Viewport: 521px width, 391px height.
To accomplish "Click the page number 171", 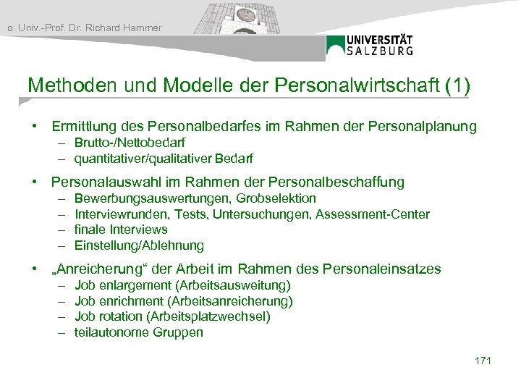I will click(483, 360).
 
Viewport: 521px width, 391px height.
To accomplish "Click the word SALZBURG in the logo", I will click(380, 51).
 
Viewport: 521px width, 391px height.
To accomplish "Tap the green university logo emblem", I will click(336, 46).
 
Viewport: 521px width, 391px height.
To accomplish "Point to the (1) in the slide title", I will click(457, 86).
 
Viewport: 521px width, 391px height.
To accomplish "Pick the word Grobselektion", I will click(279, 198).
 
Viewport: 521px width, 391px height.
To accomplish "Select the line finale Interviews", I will click(121, 230).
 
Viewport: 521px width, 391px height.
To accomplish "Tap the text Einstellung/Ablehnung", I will click(139, 245).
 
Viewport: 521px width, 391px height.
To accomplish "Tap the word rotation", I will click(121, 316).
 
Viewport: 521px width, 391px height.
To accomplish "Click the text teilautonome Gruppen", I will click(139, 332).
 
